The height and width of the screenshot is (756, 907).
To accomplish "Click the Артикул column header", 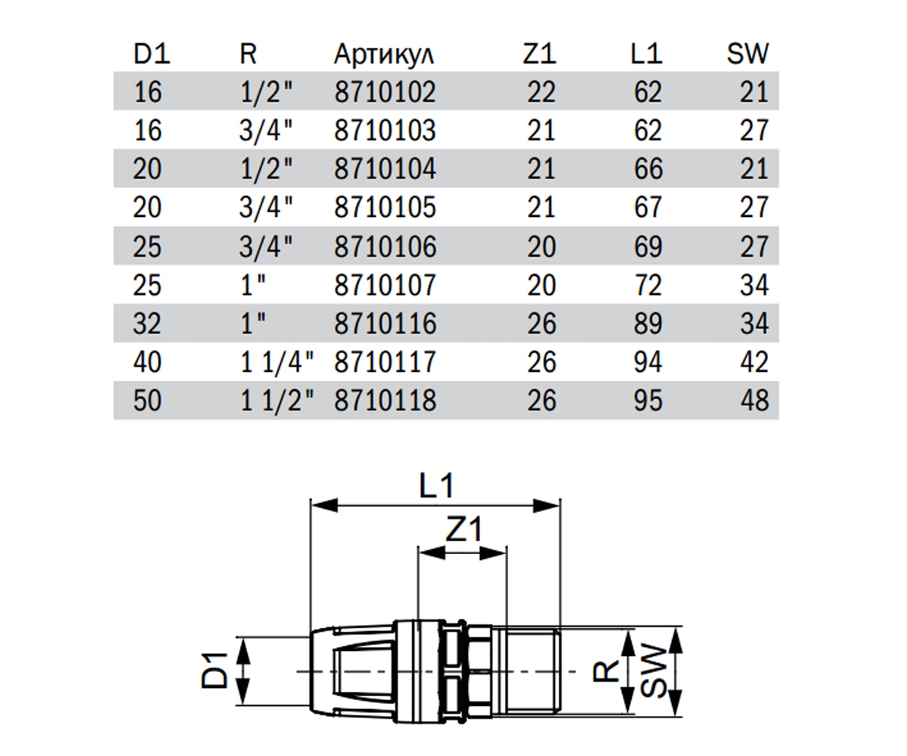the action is tap(383, 54).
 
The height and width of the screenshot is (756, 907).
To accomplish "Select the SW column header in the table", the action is tap(748, 54).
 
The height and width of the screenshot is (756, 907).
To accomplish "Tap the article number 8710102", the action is tap(385, 91).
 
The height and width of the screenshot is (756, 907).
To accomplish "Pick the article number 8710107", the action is tap(385, 285).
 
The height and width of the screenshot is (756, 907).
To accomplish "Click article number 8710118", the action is tap(385, 400).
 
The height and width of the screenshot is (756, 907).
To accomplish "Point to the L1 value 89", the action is tap(648, 324).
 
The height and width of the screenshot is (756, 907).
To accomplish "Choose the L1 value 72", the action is tap(648, 285).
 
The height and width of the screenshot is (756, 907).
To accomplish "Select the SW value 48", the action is tap(754, 400).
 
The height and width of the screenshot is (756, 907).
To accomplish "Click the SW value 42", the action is tap(754, 362).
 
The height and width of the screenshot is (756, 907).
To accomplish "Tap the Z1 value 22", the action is tap(541, 91).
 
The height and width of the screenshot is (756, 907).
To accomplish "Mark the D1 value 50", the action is tap(147, 400).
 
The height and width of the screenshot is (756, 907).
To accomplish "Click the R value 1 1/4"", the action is tap(277, 362).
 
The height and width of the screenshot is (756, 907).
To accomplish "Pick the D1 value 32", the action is tap(147, 324).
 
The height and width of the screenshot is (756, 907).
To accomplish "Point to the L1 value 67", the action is tap(648, 207).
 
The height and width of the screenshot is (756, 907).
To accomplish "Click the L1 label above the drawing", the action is tap(436, 485).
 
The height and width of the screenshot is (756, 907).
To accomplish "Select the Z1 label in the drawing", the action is tap(463, 528).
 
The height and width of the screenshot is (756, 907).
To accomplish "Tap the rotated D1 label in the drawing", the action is tap(215, 671).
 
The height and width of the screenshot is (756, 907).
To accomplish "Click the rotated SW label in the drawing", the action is tap(653, 671).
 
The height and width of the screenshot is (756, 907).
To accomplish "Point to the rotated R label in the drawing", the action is tap(605, 671).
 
